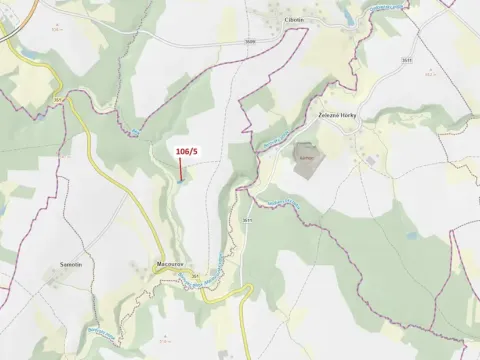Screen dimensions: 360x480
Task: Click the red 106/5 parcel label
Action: (x=186, y=151)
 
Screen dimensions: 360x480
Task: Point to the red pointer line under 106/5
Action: (x=181, y=168)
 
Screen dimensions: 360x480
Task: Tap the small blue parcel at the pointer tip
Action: (x=179, y=181)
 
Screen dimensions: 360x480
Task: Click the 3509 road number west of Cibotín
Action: (x=249, y=40)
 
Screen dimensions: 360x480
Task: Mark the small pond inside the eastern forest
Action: (x=411, y=236)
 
